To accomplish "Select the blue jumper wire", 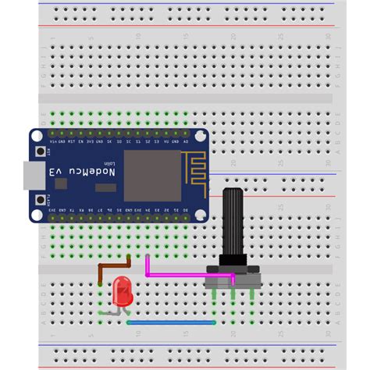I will (x=171, y=322).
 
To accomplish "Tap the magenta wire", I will (x=187, y=276).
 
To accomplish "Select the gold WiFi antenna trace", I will (x=192, y=169).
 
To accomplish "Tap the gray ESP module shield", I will (x=152, y=175).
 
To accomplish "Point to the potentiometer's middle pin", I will (x=233, y=294).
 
